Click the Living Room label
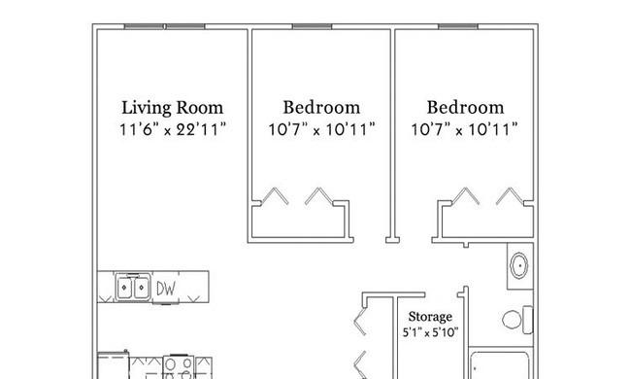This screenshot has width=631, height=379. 172,108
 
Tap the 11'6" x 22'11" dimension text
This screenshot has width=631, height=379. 173,129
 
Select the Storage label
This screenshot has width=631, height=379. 430,317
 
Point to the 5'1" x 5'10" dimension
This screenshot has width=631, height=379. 430,332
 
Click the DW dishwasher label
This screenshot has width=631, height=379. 166,289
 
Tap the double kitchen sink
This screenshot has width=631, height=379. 133,288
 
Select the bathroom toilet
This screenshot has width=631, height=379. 517,320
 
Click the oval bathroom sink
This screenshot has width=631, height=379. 519,265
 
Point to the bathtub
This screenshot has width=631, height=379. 500,365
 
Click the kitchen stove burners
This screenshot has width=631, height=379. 179,367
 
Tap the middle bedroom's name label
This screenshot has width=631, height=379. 321,108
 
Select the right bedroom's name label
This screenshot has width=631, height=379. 465,108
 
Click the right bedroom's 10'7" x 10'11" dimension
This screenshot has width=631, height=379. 464,129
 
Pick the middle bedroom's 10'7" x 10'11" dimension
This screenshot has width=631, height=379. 321,129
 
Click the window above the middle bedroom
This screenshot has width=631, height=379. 312,26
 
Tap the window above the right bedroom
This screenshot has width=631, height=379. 458,26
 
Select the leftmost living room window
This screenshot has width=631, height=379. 144,26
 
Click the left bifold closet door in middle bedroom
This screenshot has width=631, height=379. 275,196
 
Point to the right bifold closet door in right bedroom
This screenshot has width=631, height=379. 510,196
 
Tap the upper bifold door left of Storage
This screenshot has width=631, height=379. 360,321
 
